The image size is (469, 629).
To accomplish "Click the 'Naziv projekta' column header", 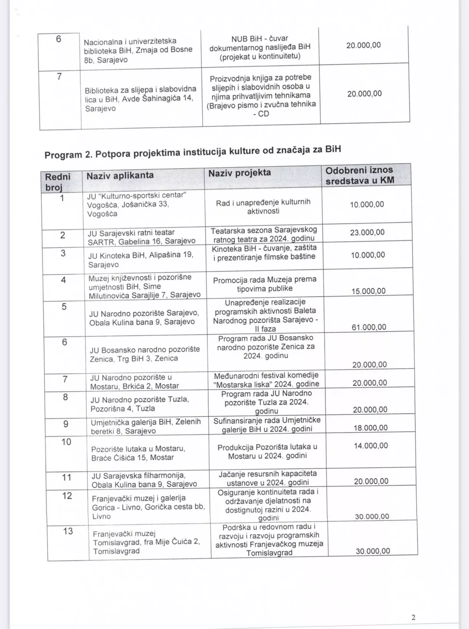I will click(x=240, y=173).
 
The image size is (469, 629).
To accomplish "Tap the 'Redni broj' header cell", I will click(x=57, y=182).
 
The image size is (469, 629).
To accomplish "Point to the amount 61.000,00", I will click(x=369, y=327).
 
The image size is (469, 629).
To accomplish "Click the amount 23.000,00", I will click(x=367, y=232).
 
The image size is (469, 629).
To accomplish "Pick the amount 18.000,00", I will click(x=371, y=427).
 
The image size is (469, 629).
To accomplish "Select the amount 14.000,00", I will click(x=371, y=446).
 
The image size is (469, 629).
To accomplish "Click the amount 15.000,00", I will click(x=368, y=291).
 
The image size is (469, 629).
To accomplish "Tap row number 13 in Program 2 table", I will click(x=68, y=531).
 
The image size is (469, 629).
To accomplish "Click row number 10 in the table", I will click(x=66, y=442).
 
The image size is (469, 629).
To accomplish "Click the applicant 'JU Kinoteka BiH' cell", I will click(x=141, y=259).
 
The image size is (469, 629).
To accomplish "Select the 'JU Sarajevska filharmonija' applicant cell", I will click(x=144, y=480).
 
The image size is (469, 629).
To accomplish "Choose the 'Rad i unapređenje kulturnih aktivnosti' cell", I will click(x=263, y=207).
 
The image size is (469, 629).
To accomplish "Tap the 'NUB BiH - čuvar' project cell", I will click(x=260, y=47).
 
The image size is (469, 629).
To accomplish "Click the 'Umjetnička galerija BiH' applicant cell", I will click(x=146, y=426).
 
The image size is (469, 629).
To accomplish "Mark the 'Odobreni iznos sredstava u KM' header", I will click(x=360, y=175).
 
